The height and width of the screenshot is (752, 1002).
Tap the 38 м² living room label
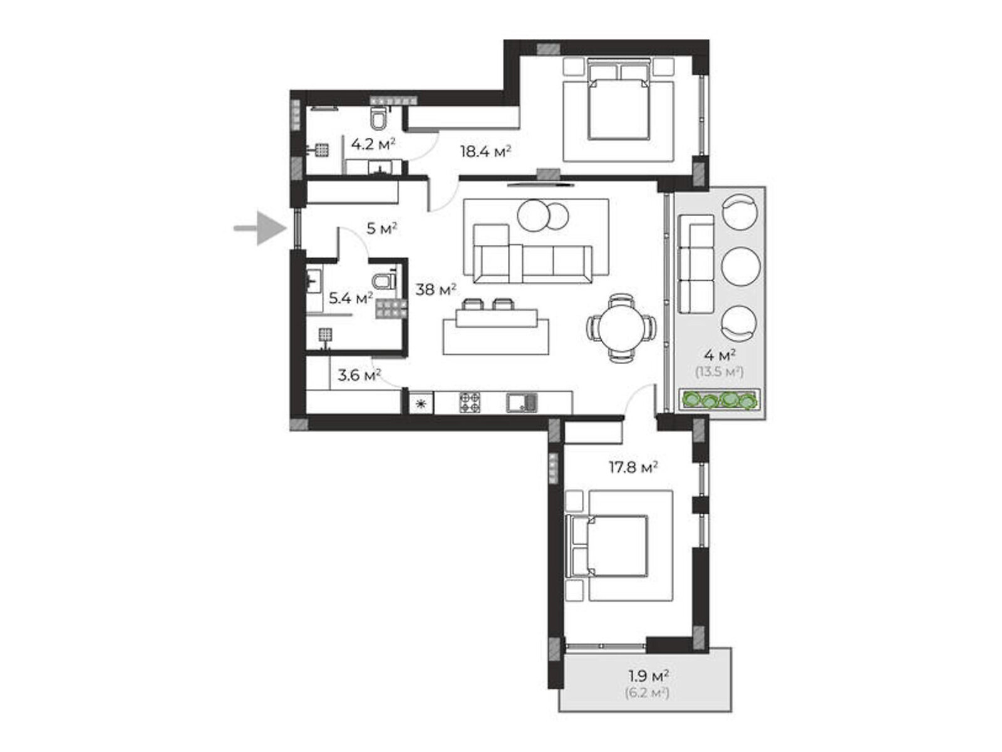(x=435, y=289)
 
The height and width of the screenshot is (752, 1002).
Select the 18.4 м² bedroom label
(x=485, y=151)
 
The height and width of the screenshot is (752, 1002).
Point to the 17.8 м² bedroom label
(x=633, y=467)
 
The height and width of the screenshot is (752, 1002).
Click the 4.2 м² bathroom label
(x=373, y=144)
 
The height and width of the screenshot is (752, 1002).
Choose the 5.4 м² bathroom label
(x=351, y=298)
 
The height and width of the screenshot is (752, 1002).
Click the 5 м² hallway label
(x=381, y=228)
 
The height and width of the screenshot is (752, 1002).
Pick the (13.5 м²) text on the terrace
(x=719, y=372)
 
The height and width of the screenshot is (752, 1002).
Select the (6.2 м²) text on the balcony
(x=647, y=693)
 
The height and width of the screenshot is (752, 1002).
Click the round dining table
(x=621, y=327)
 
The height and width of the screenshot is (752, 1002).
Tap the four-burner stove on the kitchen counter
(x=469, y=402)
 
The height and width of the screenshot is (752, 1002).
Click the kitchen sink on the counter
(x=522, y=402)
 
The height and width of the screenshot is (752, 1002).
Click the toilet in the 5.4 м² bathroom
(x=384, y=281)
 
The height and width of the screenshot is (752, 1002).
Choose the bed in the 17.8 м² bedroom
(x=607, y=546)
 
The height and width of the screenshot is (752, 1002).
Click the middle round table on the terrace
(x=740, y=266)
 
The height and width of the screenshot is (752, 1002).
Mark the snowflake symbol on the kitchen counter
(x=421, y=403)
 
